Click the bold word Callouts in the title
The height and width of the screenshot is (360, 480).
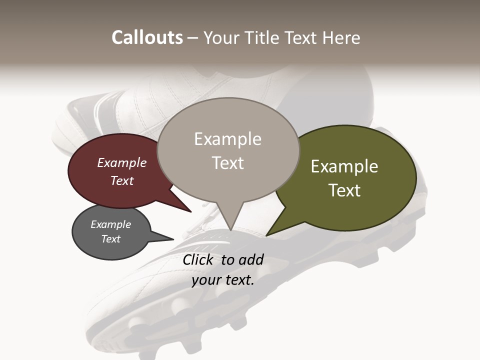pyautogui.click(x=147, y=37)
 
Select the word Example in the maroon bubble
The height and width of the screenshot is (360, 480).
pyautogui.click(x=122, y=162)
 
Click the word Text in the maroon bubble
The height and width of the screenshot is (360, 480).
pyautogui.click(x=122, y=180)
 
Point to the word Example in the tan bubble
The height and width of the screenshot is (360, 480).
pyautogui.click(x=227, y=139)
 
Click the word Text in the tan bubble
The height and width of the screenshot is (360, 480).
pyautogui.click(x=228, y=163)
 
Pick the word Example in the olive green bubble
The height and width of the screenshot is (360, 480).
pyautogui.click(x=344, y=166)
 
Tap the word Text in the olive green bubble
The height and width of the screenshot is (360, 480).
pyautogui.click(x=345, y=190)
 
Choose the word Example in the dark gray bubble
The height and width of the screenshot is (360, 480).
pyautogui.click(x=111, y=224)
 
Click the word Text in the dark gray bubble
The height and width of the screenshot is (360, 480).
pyautogui.click(x=111, y=239)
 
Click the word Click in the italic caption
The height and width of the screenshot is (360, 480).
pyautogui.click(x=199, y=259)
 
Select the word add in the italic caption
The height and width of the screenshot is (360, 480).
pyautogui.click(x=251, y=259)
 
